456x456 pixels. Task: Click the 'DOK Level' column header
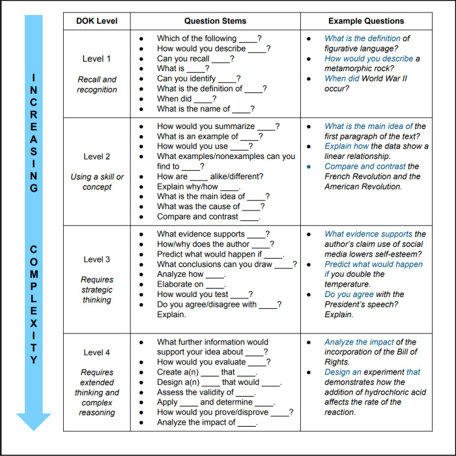[x=97, y=21]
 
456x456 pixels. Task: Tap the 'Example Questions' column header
[x=365, y=21]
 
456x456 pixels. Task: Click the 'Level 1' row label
[x=96, y=59]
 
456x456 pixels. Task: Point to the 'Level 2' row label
[x=96, y=156]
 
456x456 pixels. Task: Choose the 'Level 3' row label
[x=96, y=259]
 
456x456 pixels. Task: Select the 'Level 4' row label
[x=96, y=352]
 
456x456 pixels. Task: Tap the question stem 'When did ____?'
[x=186, y=99]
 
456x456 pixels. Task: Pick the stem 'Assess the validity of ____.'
[x=206, y=392]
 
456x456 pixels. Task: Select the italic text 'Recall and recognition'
[x=96, y=85]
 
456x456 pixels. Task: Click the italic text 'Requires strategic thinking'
[x=96, y=290]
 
